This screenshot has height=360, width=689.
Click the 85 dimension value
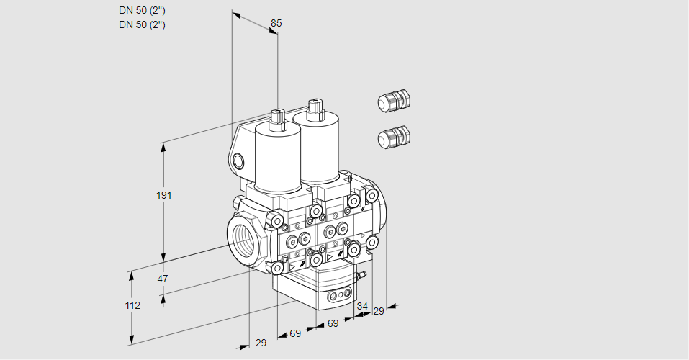pos(276,23)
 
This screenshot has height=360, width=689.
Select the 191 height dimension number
pos(164,195)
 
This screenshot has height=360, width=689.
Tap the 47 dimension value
pos(163,279)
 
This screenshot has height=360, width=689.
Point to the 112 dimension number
pos(132,305)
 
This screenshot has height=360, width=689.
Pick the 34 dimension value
pos(361,306)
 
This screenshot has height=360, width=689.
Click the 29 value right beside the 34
pos(378,311)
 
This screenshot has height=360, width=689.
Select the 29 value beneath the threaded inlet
pos(261,343)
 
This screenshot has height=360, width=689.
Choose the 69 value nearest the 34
pos(333,323)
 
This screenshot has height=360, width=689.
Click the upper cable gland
pos(394,100)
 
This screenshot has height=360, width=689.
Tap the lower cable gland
pos(394,137)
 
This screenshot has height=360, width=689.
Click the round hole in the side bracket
pos(238,161)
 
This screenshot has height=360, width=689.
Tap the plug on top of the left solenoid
pos(278,120)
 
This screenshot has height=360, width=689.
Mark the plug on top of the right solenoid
pos(315,110)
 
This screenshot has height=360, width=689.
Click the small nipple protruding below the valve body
pos(362,276)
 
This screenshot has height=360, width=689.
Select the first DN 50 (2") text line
pos(142,11)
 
